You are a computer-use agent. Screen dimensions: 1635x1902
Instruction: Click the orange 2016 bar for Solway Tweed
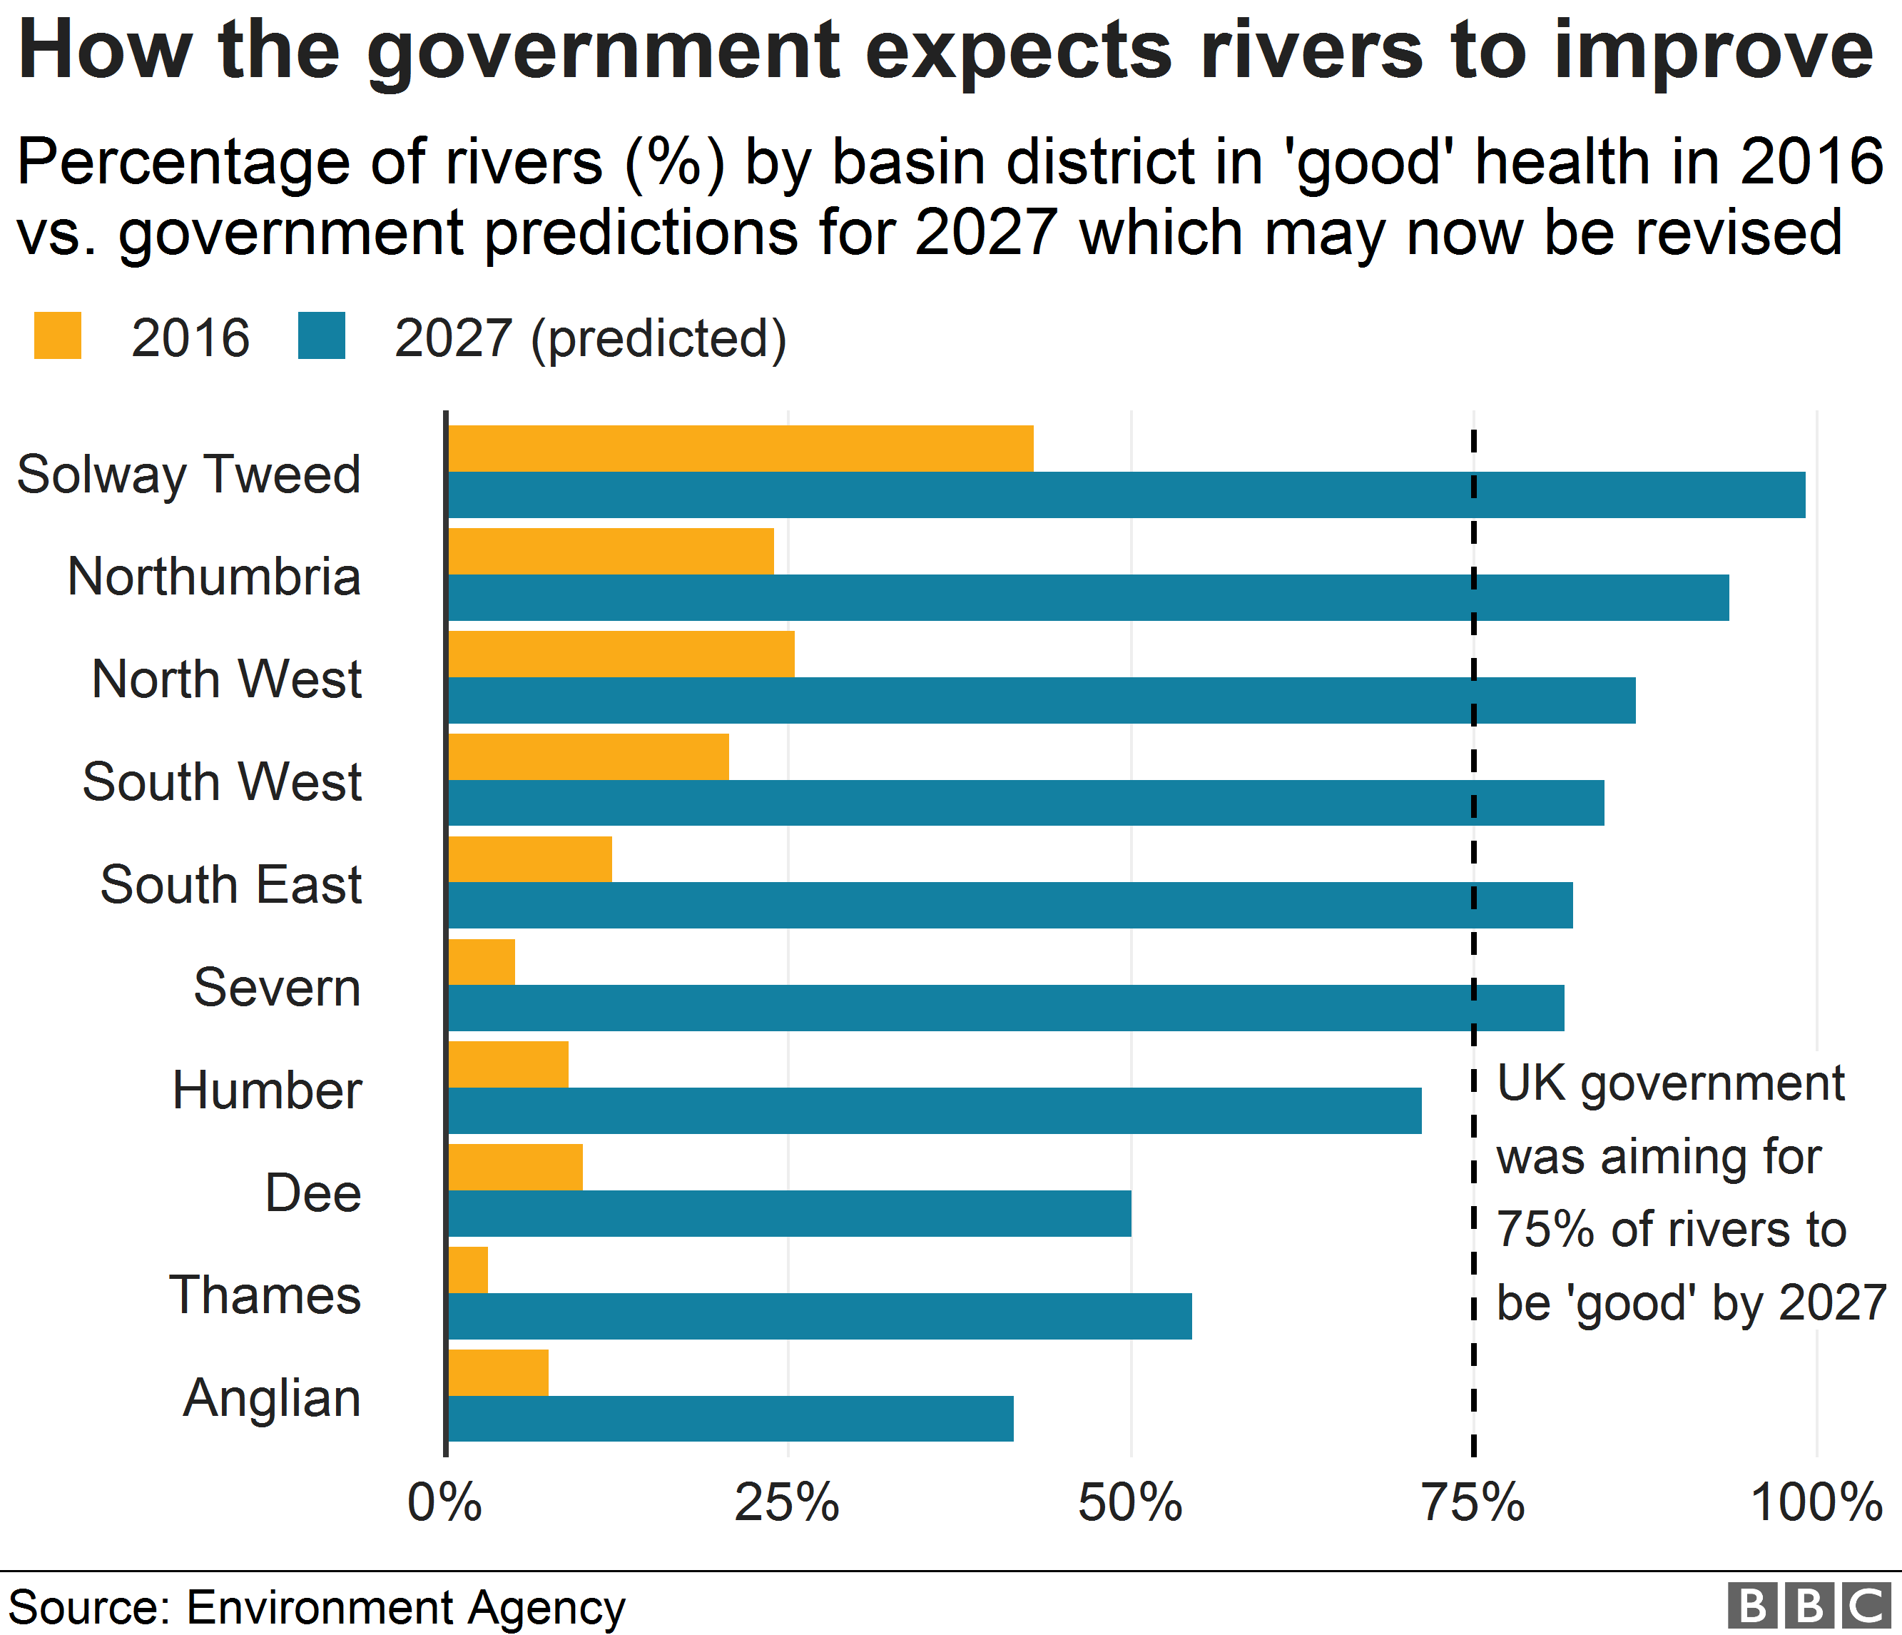pos(740,448)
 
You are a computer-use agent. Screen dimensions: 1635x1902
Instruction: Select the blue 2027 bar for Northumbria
pos(1088,597)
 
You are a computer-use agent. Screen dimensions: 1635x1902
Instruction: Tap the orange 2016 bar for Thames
pos(468,1270)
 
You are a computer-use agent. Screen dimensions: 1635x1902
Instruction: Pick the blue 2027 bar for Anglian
pos(731,1418)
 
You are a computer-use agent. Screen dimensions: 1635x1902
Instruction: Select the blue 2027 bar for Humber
pos(935,1110)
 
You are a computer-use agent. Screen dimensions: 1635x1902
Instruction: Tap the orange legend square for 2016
pos(57,336)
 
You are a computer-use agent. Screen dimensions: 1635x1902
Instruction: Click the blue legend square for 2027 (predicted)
pos(321,336)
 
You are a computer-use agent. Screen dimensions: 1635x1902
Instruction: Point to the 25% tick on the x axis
pos(788,1504)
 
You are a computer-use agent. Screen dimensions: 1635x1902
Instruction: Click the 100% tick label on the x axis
pos(1816,1504)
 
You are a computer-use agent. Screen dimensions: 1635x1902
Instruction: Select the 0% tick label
pos(445,1504)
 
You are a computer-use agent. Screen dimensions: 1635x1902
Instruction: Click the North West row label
pos(227,679)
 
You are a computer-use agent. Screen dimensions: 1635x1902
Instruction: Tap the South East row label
pos(231,885)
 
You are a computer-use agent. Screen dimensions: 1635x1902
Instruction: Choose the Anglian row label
pos(272,1398)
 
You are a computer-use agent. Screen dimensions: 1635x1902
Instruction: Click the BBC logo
pos(1809,1606)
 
